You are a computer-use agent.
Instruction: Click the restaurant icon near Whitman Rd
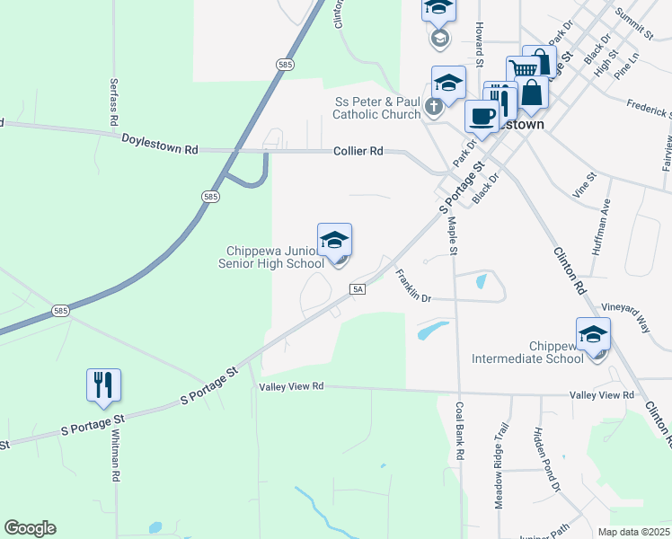[103, 384]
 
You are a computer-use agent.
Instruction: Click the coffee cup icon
[482, 116]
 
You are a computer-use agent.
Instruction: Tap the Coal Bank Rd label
[459, 431]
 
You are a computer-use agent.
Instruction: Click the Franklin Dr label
[413, 286]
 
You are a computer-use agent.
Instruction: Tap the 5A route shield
[358, 288]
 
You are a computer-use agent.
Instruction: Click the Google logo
[30, 528]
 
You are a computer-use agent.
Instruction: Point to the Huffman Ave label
[600, 226]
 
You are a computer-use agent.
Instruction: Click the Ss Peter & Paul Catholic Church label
[376, 108]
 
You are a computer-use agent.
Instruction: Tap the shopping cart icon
[522, 67]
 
